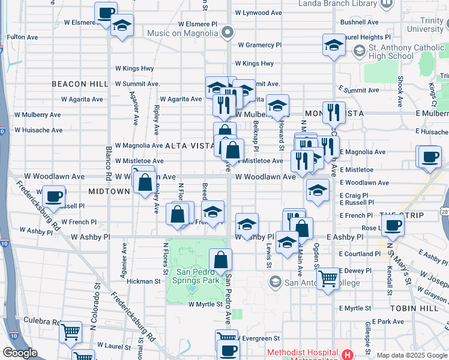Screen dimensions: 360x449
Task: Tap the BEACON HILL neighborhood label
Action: [79, 84]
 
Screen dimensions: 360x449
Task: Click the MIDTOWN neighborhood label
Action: [109, 191]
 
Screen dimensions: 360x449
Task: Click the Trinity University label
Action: [425, 25]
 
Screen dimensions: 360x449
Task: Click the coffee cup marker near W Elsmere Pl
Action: [106, 13]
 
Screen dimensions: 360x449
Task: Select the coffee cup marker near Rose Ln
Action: [393, 225]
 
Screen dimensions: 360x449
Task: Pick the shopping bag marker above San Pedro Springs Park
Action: [221, 260]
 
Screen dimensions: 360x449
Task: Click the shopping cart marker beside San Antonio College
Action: [328, 278]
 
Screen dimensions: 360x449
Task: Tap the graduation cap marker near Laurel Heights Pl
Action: [334, 45]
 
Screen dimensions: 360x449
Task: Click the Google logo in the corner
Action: [20, 353]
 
